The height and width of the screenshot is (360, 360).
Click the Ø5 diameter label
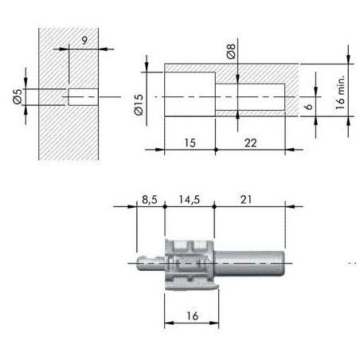pos(18,96)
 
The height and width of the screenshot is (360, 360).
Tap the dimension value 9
pos(84,41)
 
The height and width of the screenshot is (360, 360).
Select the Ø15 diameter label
pos(139,105)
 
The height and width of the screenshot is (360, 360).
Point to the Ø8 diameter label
pos(231,51)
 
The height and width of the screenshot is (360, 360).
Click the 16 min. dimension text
pos(340,92)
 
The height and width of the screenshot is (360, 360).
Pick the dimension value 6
pos(308,107)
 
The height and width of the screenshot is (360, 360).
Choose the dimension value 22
pos(251,143)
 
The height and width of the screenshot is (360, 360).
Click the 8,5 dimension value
pos(150,200)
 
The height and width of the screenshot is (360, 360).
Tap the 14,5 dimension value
pos(189,200)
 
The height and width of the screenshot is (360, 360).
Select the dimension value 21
pos(245,200)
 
